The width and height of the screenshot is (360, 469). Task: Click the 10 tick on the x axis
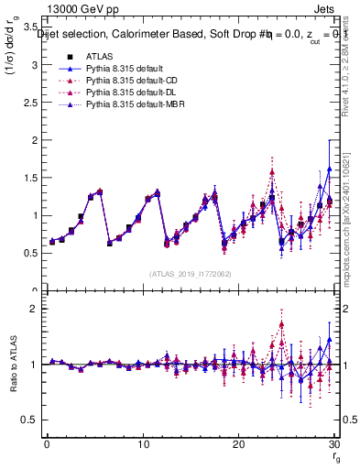click(x=142, y=444)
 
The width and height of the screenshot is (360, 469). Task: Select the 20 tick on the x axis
click(x=238, y=444)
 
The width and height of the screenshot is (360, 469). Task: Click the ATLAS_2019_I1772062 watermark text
click(x=190, y=274)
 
